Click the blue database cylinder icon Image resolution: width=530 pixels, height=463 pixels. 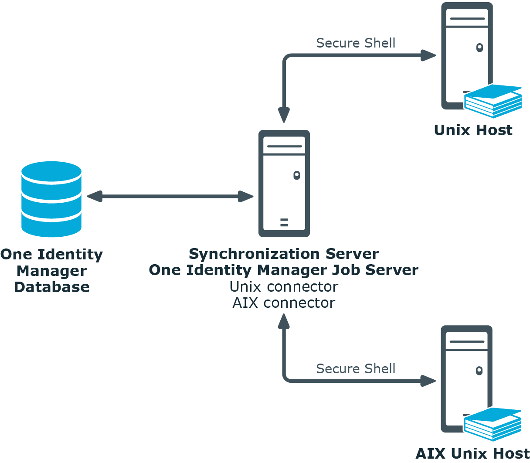(x=51, y=199)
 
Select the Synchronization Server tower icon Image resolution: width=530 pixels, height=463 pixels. (x=284, y=184)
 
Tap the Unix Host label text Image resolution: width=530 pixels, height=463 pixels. (x=473, y=130)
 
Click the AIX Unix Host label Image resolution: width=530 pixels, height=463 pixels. (x=472, y=454)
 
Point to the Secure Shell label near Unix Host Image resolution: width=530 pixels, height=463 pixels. (x=356, y=43)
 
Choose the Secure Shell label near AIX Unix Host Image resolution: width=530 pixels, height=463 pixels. (x=356, y=368)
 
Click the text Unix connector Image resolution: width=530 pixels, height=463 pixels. (x=284, y=286)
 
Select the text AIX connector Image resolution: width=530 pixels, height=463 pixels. (x=284, y=303)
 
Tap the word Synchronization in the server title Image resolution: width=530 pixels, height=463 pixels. (x=255, y=254)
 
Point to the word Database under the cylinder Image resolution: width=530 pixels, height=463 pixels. (x=52, y=287)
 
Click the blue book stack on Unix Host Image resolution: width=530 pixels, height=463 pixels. (x=493, y=101)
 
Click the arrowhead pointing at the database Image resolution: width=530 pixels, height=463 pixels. (x=95, y=196)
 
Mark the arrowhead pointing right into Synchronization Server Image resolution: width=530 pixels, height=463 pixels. (x=245, y=196)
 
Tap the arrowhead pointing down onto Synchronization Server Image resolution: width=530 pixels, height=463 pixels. (x=284, y=115)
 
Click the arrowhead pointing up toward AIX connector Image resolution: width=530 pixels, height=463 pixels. (x=284, y=321)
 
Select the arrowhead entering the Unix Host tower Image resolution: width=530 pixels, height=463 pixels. (x=428, y=55)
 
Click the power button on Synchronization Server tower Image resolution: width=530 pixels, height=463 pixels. (x=297, y=175)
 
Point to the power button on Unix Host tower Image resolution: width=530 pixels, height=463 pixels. (x=479, y=48)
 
